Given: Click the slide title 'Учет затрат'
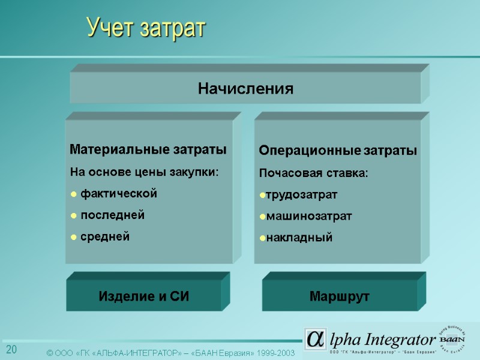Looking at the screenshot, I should coord(146,28).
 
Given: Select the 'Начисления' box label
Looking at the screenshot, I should coord(245,89).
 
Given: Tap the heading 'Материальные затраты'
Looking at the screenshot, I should coord(148,148).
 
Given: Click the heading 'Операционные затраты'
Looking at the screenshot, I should coord(337,150).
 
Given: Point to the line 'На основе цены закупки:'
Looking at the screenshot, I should coord(145,172).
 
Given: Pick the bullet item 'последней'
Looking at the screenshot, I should coord(112,215).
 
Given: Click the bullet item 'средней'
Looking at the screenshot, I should coord(105,236).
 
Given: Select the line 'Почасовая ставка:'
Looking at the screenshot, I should coord(313,173).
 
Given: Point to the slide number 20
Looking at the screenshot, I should coord(11,350).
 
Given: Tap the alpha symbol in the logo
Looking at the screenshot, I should coord(315,338).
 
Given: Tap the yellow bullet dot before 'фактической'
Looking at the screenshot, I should coord(73,194).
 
